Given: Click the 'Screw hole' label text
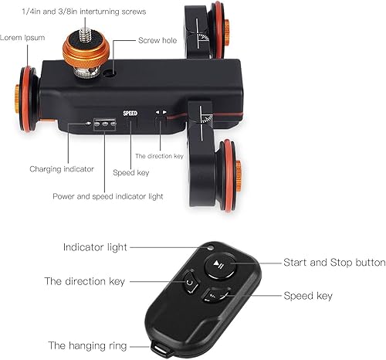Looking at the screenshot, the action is click(x=157, y=40).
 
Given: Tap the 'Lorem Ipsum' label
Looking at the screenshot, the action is click(x=22, y=38).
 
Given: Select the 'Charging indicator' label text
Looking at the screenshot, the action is click(x=62, y=169).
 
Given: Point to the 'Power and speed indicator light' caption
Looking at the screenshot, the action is click(x=108, y=196).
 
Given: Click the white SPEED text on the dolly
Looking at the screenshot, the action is click(x=130, y=113).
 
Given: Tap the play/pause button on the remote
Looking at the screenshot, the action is click(x=220, y=266).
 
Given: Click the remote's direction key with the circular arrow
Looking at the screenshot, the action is click(x=191, y=282).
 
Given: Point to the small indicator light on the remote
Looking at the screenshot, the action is click(x=211, y=248).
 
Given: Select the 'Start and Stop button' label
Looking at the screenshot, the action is click(x=334, y=263).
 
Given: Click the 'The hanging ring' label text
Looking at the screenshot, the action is click(x=87, y=346).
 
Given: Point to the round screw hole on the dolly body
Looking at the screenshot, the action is click(x=110, y=73).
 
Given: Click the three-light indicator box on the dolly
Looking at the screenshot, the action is click(x=105, y=124).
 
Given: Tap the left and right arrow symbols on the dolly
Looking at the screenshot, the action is click(x=161, y=112).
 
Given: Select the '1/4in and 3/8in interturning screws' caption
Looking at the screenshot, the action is click(x=84, y=12).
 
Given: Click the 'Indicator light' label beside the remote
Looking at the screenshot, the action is click(x=95, y=247).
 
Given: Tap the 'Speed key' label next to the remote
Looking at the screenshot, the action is click(x=308, y=296).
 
